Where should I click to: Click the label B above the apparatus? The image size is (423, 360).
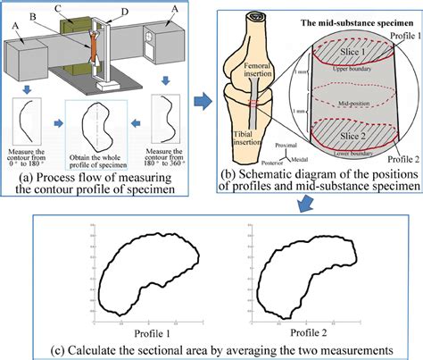57,15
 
